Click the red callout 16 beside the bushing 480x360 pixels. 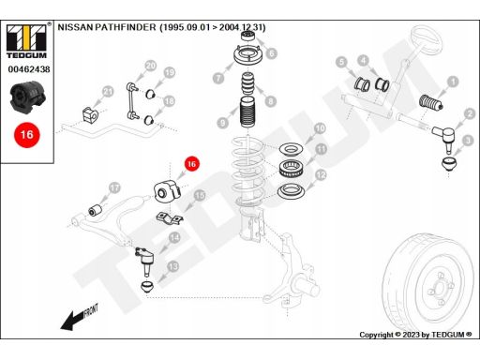coord(191,164)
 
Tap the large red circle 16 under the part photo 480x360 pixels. coord(27,135)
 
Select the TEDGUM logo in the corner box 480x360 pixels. coord(27,40)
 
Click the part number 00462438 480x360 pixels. coord(29,69)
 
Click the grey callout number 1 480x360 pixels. coord(453,82)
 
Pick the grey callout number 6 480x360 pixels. coord(271,53)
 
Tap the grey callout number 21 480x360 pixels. coord(108,92)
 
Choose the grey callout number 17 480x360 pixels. coord(115,187)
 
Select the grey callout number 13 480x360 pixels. coord(172,266)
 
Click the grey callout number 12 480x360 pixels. coord(321,175)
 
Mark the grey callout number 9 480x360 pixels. coord(222,122)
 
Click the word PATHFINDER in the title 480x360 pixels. coord(126,27)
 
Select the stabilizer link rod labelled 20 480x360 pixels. coord(132,100)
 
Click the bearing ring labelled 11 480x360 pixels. coord(291,169)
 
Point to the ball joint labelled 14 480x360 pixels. coord(144,260)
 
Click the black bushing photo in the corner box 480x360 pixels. coord(28,97)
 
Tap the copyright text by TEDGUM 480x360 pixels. coord(415,335)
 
